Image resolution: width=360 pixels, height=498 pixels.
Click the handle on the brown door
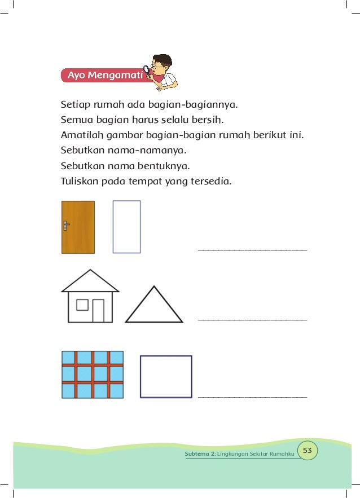tap(66, 226)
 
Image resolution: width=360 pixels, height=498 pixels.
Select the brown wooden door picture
tap(78, 227)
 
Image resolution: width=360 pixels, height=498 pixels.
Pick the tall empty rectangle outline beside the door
tap(126, 227)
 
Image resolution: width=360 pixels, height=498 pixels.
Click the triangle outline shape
tap(154, 306)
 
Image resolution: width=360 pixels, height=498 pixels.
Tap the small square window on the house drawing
tap(82, 305)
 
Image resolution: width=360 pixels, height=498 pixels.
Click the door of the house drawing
tap(98, 311)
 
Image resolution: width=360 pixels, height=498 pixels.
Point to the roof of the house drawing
tap(90, 281)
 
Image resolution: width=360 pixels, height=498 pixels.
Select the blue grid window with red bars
tap(92, 374)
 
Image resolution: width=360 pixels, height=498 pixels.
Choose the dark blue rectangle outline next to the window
tap(166, 377)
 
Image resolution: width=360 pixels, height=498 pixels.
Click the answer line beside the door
tap(252, 249)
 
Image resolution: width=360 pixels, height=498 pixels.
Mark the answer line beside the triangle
tap(252, 320)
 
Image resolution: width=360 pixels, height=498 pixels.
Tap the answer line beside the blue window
tap(252, 397)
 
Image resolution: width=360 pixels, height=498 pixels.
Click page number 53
tap(308, 450)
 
